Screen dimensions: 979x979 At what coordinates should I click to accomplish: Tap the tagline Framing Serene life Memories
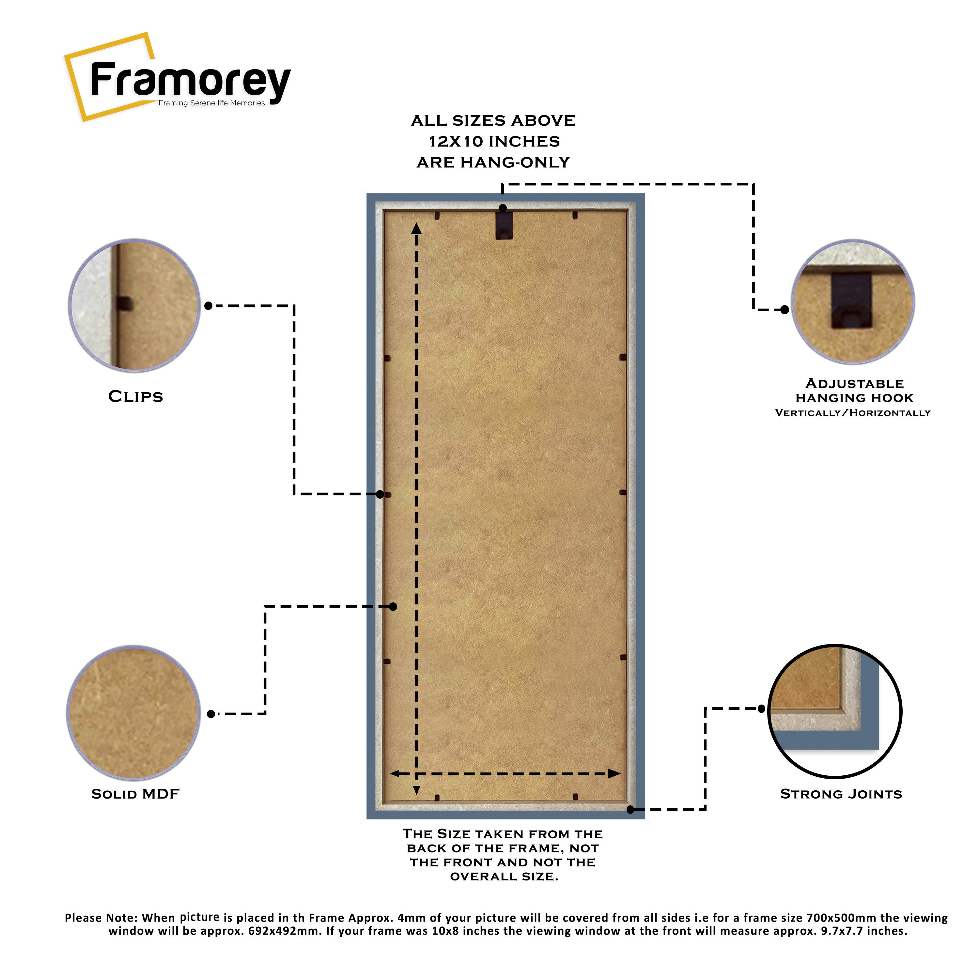(x=211, y=103)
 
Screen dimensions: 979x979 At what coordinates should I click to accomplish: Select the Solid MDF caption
(x=135, y=794)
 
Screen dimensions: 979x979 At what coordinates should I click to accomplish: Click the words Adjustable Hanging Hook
(x=854, y=391)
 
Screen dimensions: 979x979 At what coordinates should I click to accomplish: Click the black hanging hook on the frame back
(x=504, y=225)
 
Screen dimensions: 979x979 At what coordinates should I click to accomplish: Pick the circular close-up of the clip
(x=134, y=305)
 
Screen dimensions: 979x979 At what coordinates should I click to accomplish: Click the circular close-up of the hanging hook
(x=853, y=302)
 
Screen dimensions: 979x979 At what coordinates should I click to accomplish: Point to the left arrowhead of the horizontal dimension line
(x=396, y=774)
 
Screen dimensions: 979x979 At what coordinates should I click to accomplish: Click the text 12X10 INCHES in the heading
(x=494, y=141)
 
